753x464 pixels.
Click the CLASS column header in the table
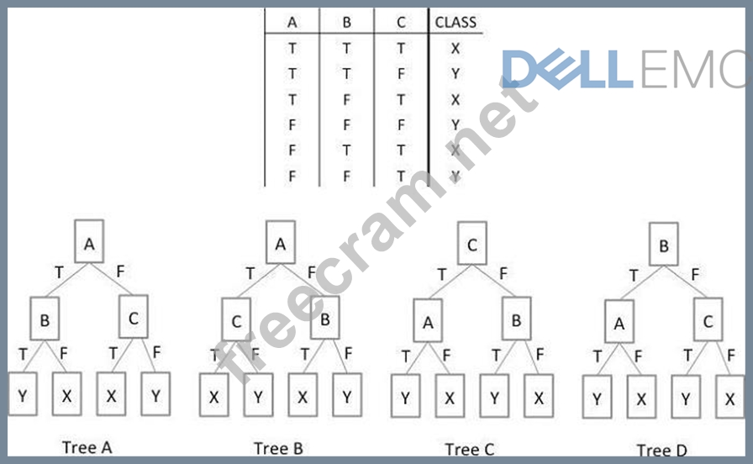455,23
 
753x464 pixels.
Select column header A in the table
292,23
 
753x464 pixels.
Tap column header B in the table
346,23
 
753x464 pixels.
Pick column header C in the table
402,23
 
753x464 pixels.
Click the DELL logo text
567,69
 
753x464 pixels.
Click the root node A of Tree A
89,245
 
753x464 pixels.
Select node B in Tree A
45,319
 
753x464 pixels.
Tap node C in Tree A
134,319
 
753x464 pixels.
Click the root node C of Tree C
472,245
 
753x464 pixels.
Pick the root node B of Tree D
664,246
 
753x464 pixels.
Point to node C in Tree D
708,320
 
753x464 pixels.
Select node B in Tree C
516,320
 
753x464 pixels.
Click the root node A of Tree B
281,245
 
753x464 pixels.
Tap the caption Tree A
87,447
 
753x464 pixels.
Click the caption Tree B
277,448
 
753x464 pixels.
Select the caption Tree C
470,450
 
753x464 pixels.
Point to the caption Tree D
661,451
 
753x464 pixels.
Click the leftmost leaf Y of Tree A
23,393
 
